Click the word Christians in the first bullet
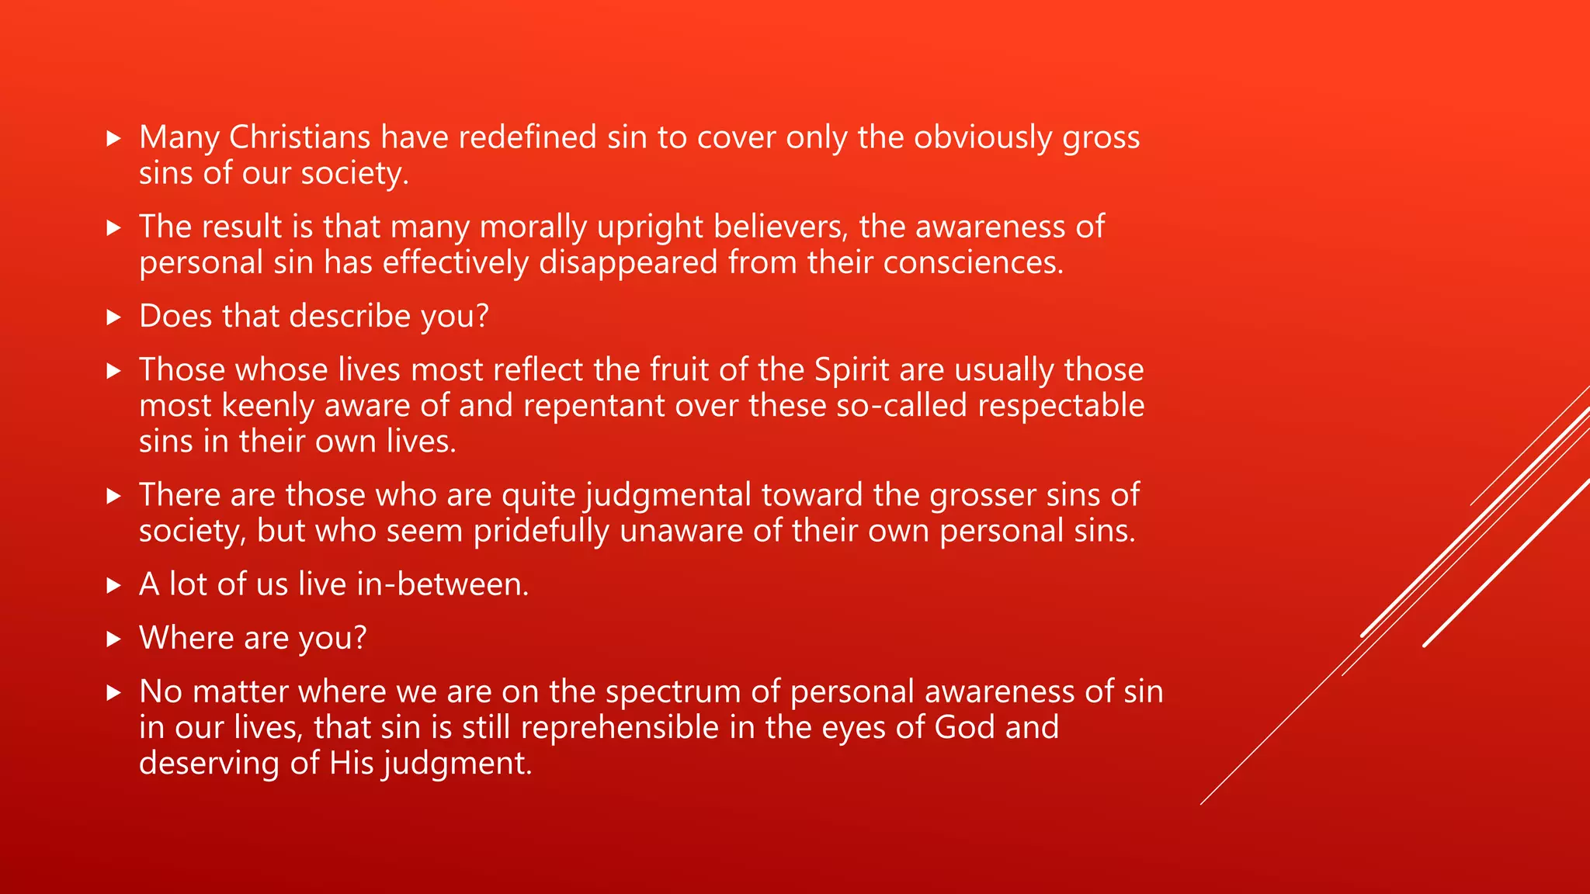coord(299,137)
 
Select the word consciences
coord(973,262)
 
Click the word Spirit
coord(852,369)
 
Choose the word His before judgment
coord(352,763)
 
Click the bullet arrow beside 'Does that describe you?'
coord(114,317)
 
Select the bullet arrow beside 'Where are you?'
coord(114,639)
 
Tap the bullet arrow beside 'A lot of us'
coord(114,586)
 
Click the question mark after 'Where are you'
coord(359,638)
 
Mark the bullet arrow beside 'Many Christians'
coord(114,139)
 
